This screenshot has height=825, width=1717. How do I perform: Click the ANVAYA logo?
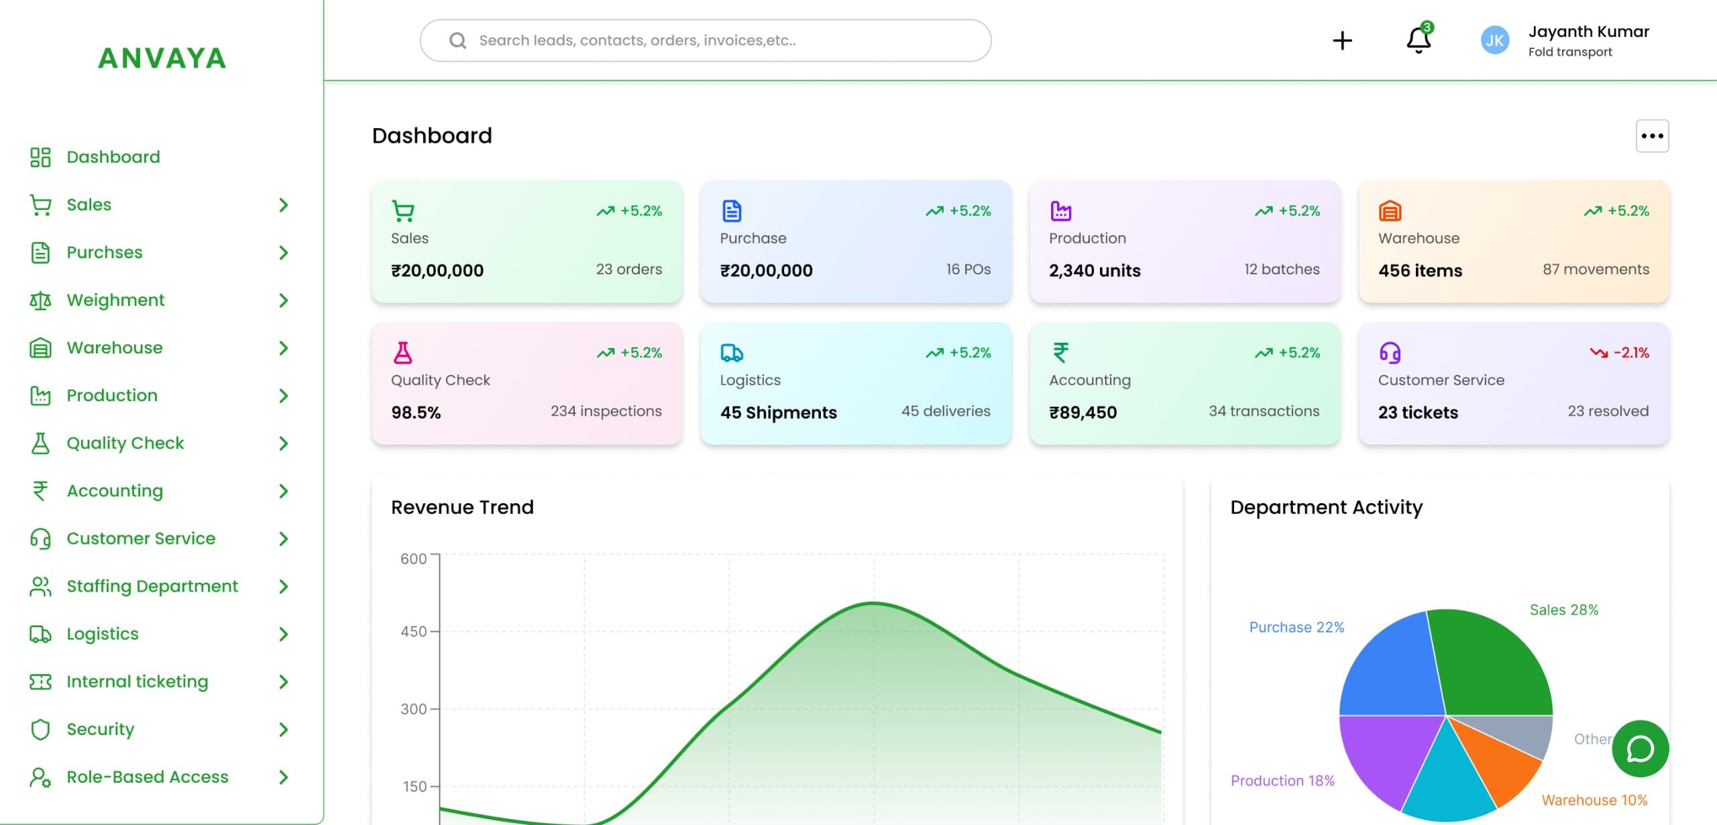point(162,58)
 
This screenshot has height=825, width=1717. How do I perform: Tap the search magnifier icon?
point(457,41)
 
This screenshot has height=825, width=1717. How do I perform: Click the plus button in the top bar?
point(1342,41)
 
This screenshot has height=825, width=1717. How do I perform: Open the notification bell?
point(1418,40)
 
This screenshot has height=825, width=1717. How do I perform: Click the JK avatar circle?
point(1494,41)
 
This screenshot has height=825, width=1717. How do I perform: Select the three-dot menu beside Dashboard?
point(1652,136)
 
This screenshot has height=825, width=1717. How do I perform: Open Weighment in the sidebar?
point(115,300)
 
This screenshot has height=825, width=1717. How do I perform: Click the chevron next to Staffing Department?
point(284,586)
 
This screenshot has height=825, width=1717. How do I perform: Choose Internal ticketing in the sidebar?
point(137,681)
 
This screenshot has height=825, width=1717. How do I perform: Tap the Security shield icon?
point(40,729)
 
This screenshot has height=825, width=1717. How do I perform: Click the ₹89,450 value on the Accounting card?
point(1083,412)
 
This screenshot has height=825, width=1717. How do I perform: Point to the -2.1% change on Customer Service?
point(1630,353)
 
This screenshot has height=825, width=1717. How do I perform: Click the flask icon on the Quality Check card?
point(402,353)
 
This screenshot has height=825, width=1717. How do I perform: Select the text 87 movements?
point(1595,270)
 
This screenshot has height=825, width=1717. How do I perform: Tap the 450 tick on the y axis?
point(413,632)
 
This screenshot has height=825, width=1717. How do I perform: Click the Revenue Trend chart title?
point(462,507)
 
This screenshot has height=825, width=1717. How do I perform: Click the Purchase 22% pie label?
point(1296,627)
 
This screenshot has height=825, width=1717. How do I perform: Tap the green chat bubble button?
point(1640,749)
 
